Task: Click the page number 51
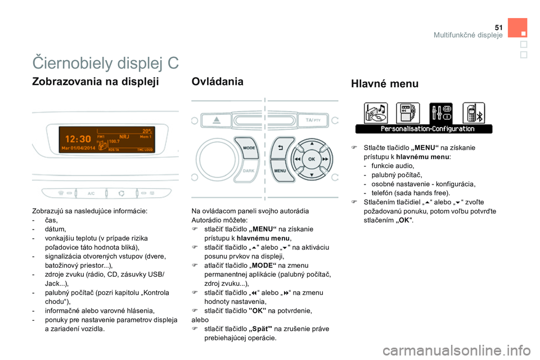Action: coord(499,28)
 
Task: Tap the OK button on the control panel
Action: coord(311,159)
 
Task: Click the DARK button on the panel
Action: coord(248,171)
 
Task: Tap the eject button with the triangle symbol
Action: coord(216,120)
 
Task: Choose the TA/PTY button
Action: coord(313,120)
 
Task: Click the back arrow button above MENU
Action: coord(281,148)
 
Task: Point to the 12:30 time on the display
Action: coord(78,139)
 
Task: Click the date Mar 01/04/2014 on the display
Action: coord(78,148)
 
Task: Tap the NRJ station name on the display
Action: coord(124,137)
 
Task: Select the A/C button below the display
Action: coord(91,193)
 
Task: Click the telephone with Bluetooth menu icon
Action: coord(474,113)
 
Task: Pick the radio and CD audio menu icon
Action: coord(376,113)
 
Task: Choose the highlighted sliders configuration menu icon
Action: coord(441,113)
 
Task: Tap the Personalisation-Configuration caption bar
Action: coord(424,129)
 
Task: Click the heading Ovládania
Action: coord(217,82)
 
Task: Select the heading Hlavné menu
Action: coord(385,84)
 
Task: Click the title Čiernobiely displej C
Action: coord(105,63)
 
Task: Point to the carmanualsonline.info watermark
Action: coord(457,350)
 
